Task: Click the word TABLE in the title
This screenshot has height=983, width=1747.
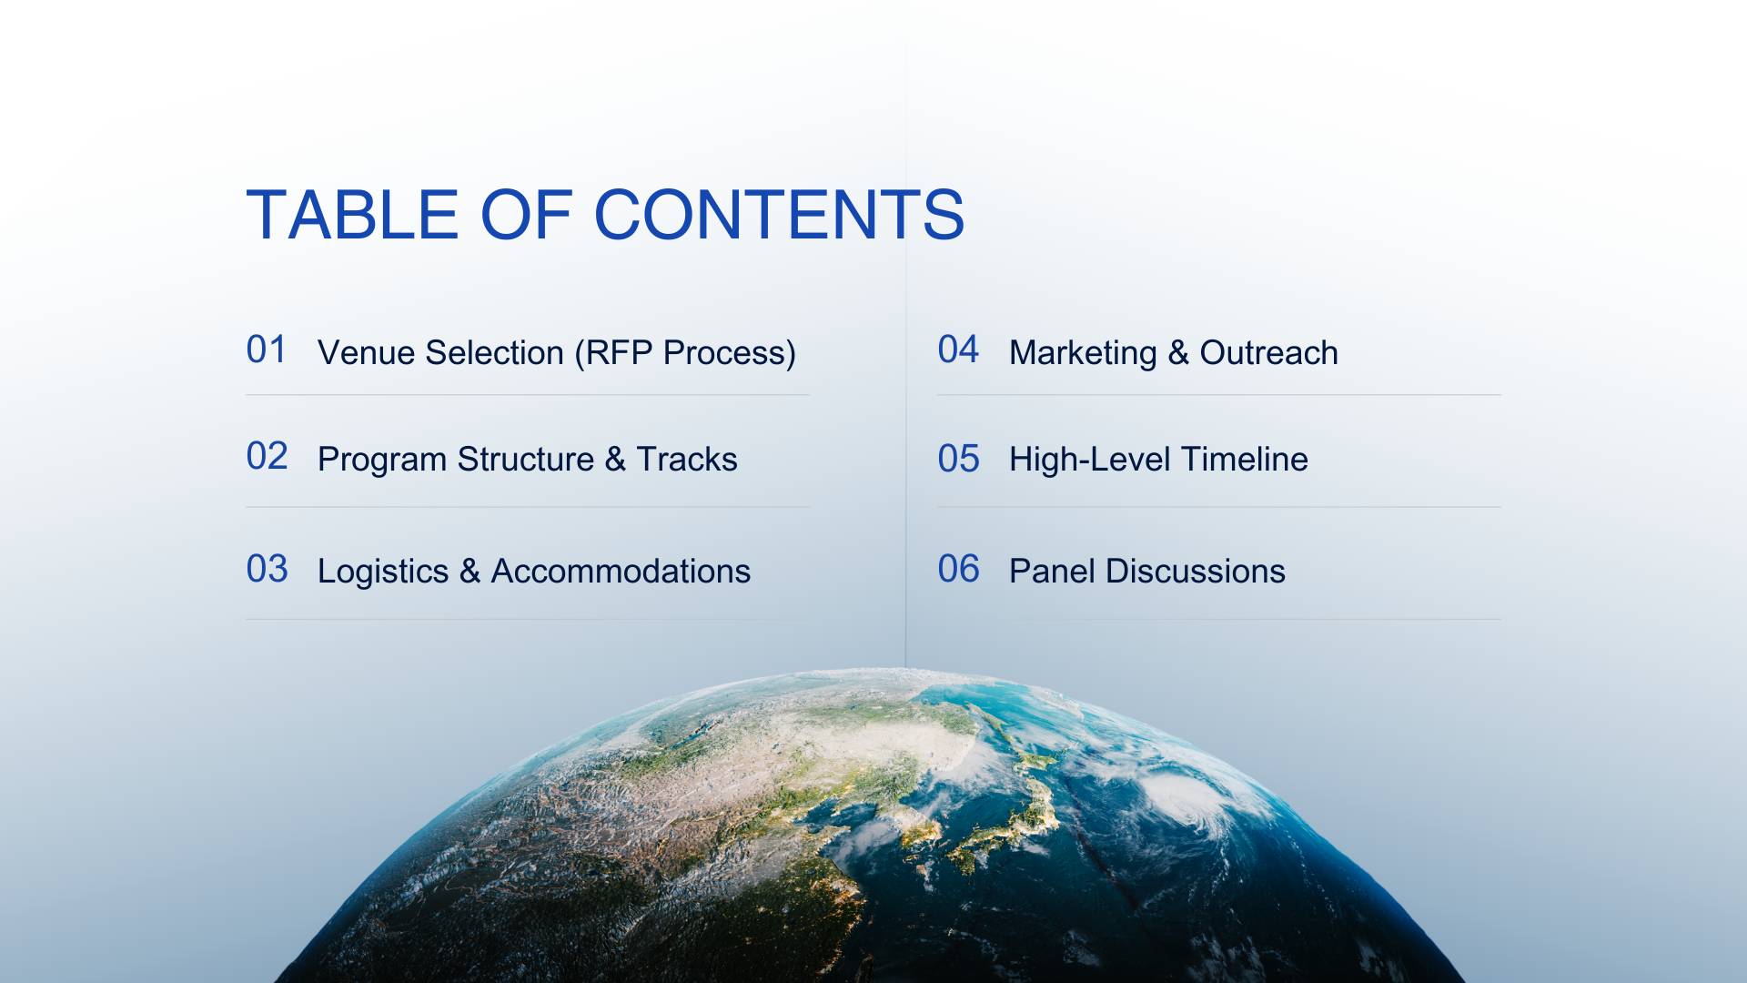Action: click(352, 215)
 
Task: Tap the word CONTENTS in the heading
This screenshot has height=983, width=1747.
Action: click(780, 215)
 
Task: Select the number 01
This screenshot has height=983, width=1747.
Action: click(267, 350)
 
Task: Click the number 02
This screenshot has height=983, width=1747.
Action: click(267, 456)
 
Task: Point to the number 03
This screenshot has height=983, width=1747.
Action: click(267, 569)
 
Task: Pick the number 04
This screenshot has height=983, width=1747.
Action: click(958, 350)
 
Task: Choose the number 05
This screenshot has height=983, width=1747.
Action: click(958, 459)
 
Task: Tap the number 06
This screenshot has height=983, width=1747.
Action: click(958, 569)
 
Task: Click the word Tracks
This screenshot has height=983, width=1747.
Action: click(687, 460)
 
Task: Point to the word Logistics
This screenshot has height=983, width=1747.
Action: click(383, 572)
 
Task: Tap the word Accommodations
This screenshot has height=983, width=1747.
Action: click(621, 572)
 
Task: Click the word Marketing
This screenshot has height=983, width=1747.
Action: click(1083, 353)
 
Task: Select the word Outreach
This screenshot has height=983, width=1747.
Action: click(1268, 352)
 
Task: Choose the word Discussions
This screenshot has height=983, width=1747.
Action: click(1195, 572)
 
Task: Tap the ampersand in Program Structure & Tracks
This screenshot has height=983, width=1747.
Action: click(615, 460)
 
